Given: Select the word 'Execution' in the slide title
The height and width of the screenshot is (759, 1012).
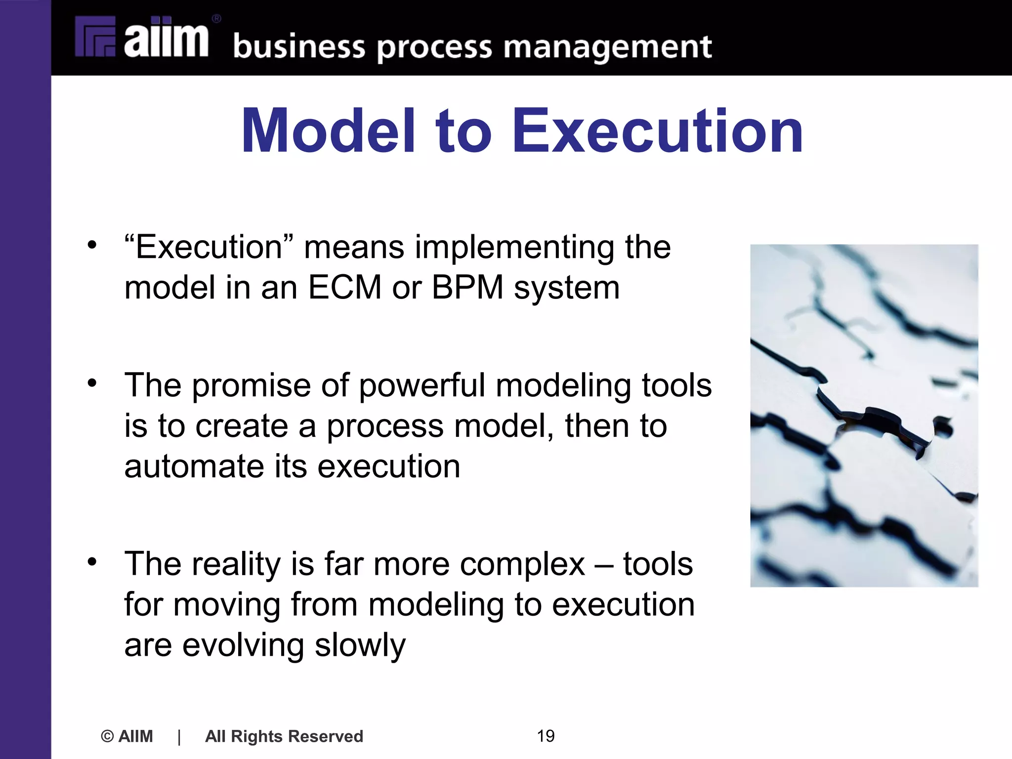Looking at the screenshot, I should coord(658,131).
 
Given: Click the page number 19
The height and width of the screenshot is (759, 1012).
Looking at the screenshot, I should coord(546,736).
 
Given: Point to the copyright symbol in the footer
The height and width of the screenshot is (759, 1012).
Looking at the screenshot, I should coord(107,736).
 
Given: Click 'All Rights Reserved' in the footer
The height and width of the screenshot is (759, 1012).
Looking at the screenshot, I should coord(284,736).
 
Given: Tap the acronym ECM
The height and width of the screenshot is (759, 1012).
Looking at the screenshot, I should coord(344,287).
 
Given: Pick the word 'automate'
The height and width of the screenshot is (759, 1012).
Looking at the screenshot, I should coord(193,466).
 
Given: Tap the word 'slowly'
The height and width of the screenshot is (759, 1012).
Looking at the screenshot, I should coord(360,645).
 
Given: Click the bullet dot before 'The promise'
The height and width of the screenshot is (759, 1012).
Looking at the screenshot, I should coord(92,382).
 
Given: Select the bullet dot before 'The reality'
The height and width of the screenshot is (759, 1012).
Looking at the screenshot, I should coord(92,561).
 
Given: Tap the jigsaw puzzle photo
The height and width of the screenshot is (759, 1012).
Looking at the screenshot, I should coord(864,416).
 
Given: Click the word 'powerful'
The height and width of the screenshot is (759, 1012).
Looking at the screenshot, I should coord(422,386).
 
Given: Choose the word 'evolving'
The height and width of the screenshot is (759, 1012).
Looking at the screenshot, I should coord(243,645).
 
